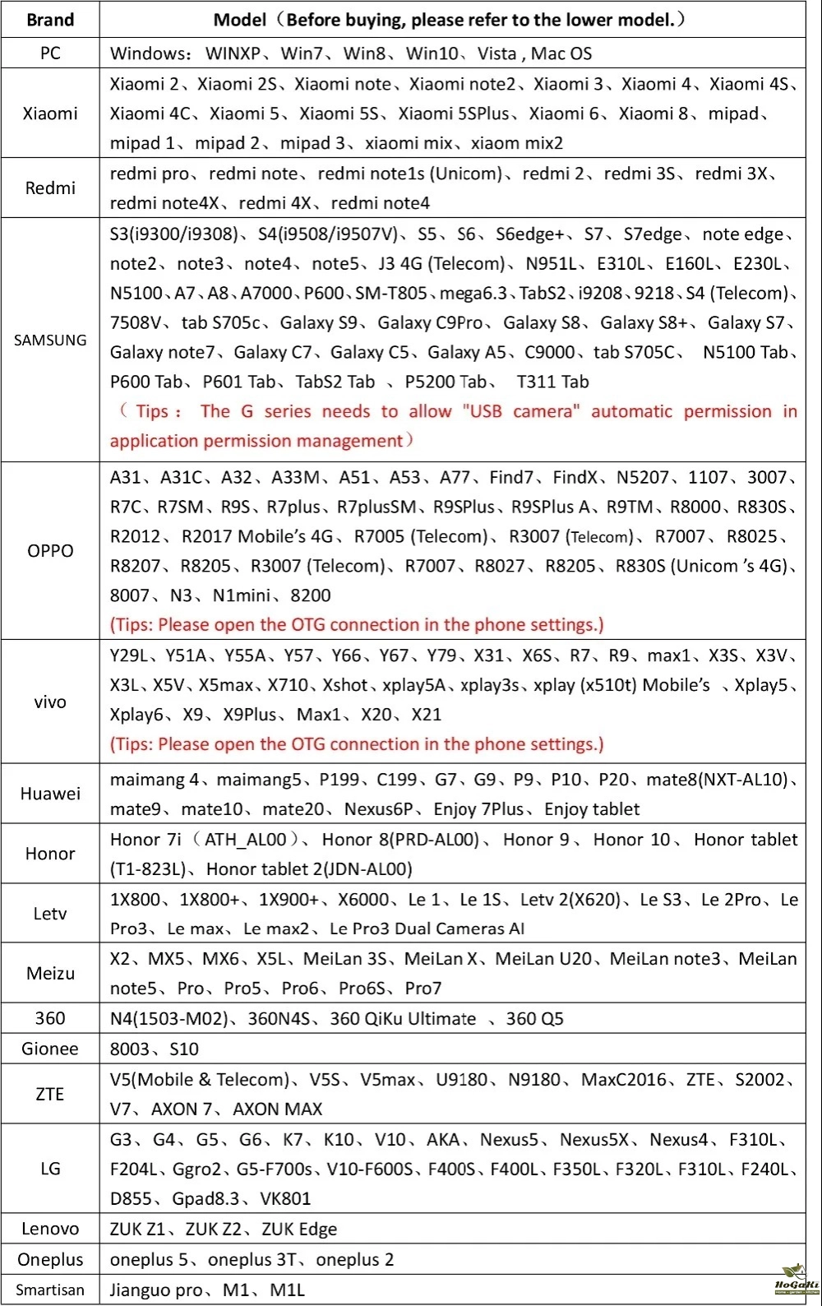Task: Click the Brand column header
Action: (50, 20)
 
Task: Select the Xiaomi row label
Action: (50, 113)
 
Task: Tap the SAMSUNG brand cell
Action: (50, 340)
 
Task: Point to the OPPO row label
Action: (50, 550)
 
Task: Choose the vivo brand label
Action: (50, 702)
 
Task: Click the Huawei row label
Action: (50, 794)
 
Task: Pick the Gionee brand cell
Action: (50, 1049)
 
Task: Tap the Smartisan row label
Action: (50, 1290)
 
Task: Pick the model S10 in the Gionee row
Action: (184, 1049)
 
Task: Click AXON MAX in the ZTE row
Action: (278, 1109)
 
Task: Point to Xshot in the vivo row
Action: (345, 685)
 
